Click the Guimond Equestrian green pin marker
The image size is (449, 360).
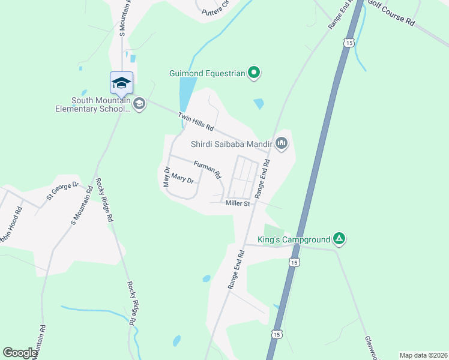tap(254, 73)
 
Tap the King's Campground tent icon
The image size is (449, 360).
tap(339, 239)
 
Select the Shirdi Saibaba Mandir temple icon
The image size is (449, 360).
tap(282, 143)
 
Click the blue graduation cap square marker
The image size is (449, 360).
tap(121, 83)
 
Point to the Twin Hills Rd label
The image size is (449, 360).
tap(196, 121)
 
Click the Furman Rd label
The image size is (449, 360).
tap(207, 170)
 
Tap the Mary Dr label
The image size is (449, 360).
tap(182, 178)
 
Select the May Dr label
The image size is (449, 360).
tap(167, 176)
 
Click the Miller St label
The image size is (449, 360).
tap(238, 204)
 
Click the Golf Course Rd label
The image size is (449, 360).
tap(391, 13)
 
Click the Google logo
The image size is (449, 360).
tap(20, 353)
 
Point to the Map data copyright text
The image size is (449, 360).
tap(423, 355)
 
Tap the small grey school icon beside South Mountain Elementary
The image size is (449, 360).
tap(139, 104)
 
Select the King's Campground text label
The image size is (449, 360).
tap(294, 239)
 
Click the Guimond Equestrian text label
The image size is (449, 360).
tap(207, 74)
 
